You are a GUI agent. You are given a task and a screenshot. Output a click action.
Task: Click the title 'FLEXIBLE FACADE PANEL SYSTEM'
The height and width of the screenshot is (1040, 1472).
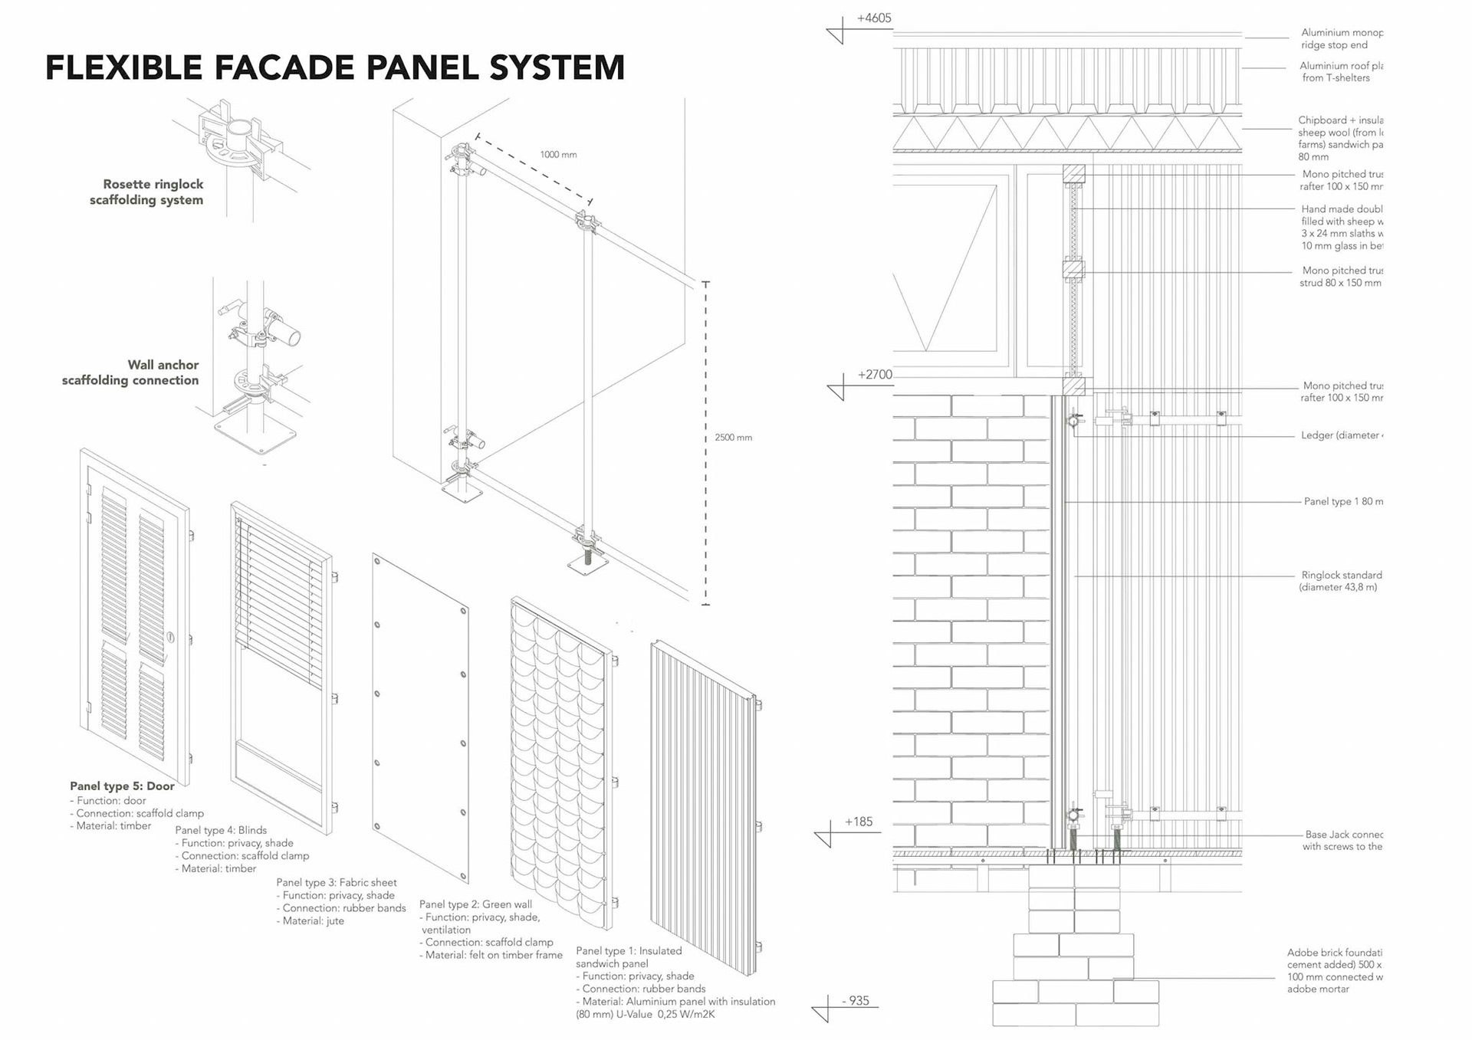point(335,67)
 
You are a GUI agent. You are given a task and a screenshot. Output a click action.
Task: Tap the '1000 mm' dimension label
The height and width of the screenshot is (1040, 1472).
point(558,155)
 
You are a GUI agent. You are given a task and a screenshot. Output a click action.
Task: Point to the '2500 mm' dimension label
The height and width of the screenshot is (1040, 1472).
point(733,438)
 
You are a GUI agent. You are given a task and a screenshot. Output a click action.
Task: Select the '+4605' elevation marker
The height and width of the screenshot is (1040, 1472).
point(874,18)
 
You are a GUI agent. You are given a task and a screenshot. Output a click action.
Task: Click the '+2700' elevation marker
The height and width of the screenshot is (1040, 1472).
point(875,375)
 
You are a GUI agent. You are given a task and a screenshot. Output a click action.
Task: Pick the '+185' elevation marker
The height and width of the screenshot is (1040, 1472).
point(859,822)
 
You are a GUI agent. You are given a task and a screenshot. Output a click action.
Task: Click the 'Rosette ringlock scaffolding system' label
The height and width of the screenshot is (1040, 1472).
point(147,192)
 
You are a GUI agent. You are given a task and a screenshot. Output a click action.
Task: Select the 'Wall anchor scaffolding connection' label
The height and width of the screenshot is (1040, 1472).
point(131,372)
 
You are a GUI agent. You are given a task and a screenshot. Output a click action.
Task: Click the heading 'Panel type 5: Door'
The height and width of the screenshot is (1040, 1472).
point(122,786)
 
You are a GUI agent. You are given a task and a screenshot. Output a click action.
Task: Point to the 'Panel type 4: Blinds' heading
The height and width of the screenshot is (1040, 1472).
point(221,830)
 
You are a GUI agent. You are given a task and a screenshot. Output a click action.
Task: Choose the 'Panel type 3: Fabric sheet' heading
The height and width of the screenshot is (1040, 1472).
point(337,883)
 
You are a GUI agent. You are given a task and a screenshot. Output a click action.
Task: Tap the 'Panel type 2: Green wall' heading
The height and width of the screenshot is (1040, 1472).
point(475,904)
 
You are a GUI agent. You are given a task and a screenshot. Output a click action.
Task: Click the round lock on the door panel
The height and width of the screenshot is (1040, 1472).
point(170,637)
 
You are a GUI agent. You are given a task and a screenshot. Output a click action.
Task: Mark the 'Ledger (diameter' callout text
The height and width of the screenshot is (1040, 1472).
point(1342,435)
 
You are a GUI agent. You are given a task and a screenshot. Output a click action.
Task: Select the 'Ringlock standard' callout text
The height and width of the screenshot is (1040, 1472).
point(1341,575)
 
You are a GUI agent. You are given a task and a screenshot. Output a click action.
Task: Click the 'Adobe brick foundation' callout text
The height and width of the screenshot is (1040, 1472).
point(1334,953)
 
